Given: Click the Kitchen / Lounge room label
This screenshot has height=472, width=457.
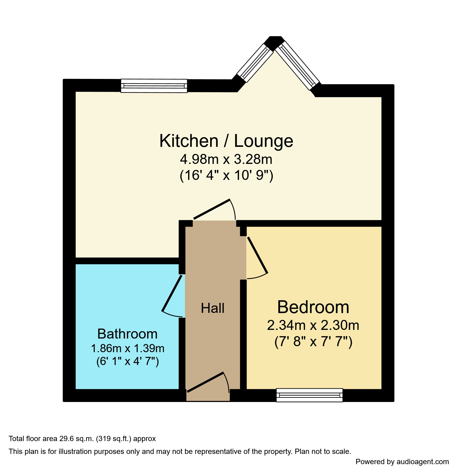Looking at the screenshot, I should (x=226, y=141).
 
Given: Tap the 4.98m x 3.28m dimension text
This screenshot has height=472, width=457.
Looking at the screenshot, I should (x=226, y=159).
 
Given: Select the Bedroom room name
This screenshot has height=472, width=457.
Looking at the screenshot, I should (x=313, y=307).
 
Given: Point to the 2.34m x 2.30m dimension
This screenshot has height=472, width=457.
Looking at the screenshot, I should (x=313, y=325).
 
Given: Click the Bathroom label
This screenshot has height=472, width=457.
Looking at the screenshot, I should (x=127, y=334).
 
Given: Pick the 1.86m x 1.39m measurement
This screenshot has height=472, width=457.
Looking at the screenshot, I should (x=127, y=348).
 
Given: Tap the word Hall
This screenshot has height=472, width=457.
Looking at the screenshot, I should (x=212, y=308).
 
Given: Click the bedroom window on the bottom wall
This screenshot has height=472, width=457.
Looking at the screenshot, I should (x=310, y=395).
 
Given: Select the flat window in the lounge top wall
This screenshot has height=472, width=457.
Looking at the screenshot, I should (x=154, y=86).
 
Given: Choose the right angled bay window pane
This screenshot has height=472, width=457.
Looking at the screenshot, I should (x=297, y=65).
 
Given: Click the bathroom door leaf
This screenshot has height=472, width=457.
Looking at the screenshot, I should (x=172, y=293).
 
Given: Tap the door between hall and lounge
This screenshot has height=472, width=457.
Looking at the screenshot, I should (x=212, y=209).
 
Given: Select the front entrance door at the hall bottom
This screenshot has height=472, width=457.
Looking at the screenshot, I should (x=205, y=382).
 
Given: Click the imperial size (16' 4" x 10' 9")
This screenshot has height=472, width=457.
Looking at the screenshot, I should (x=226, y=175).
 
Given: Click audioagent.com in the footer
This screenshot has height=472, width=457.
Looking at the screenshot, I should (x=422, y=462).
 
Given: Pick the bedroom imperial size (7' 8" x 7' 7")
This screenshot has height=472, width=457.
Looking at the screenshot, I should (x=313, y=342).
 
